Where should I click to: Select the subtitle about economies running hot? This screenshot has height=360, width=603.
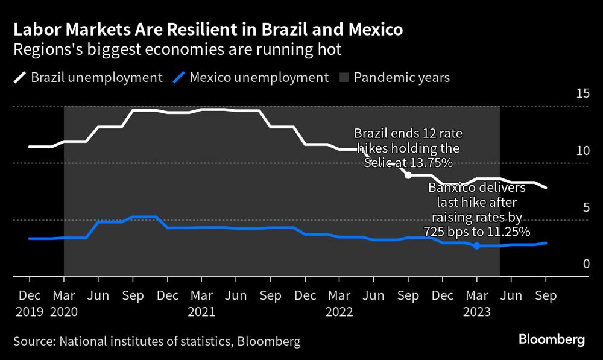click(177, 49)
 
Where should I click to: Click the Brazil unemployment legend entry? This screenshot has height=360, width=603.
click(88, 78)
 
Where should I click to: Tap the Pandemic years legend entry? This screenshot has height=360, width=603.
click(394, 78)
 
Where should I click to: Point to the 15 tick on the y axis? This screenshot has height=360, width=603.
click(582, 93)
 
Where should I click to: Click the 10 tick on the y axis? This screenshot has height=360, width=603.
click(582, 150)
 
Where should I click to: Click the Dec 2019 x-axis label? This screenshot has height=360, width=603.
click(29, 304)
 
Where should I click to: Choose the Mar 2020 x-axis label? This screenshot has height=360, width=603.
click(64, 304)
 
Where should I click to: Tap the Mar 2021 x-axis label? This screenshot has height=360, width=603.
click(201, 304)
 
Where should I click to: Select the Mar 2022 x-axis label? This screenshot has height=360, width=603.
click(339, 304)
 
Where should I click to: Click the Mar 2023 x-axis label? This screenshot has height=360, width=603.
click(476, 304)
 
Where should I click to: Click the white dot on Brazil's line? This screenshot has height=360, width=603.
click(408, 175)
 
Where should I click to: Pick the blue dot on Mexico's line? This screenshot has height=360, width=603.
click(476, 245)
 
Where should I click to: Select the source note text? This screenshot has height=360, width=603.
click(157, 341)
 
